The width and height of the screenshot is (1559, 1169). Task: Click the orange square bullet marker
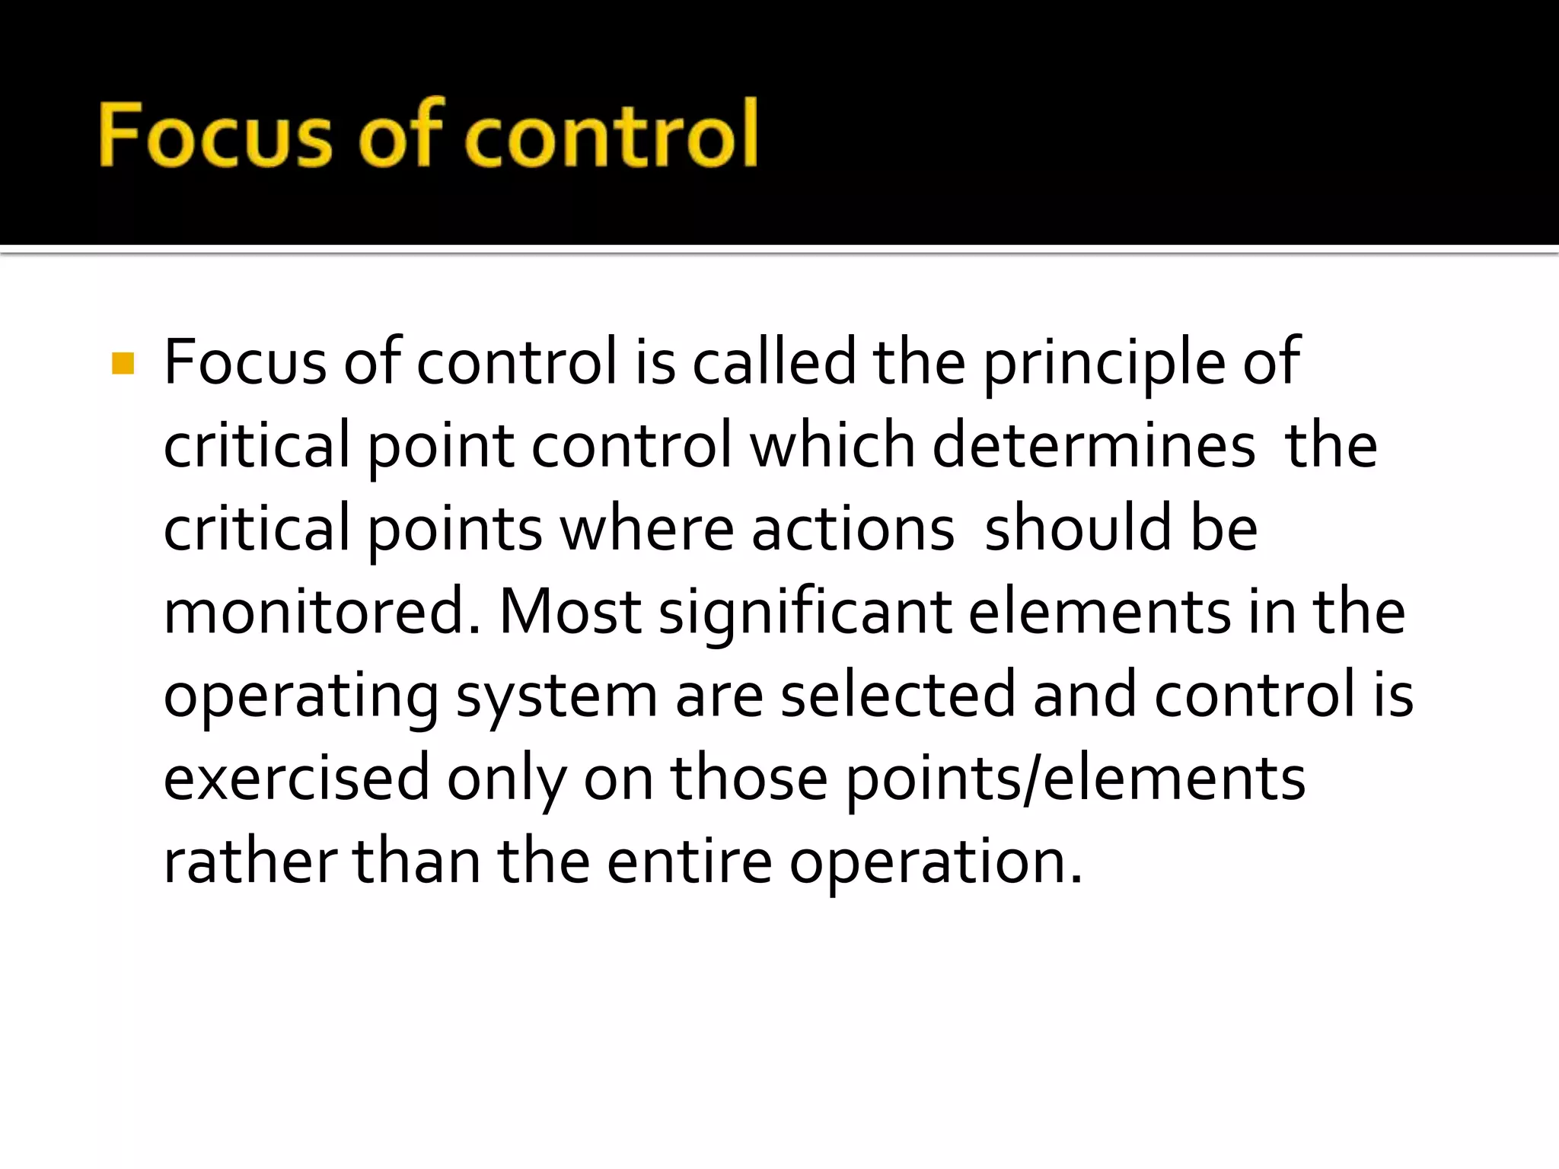123,364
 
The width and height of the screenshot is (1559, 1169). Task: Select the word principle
1105,364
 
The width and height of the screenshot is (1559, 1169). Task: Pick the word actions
853,530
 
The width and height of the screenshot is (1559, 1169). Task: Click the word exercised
297,779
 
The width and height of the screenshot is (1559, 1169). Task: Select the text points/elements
1076,780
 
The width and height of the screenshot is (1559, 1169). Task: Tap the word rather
250,862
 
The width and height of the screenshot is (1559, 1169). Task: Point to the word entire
690,862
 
